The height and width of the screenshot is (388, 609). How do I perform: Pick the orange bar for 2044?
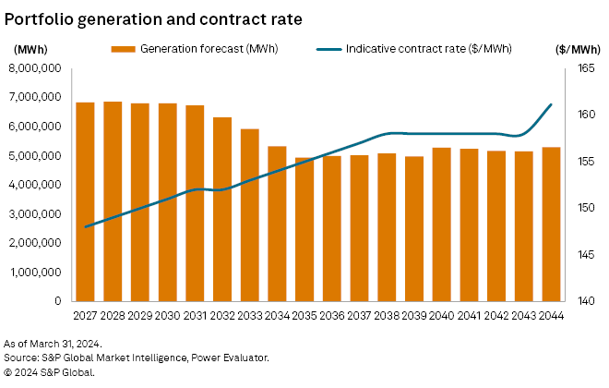point(551,224)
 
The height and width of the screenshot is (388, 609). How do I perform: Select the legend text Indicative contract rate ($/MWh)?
point(429,48)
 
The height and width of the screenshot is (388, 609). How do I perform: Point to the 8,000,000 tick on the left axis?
point(34,68)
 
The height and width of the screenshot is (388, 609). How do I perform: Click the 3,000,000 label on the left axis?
point(34,214)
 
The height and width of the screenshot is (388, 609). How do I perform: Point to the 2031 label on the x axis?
point(196,315)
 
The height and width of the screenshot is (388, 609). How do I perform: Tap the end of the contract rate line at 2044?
point(551,104)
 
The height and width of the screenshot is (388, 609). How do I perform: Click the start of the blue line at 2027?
point(85,226)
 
